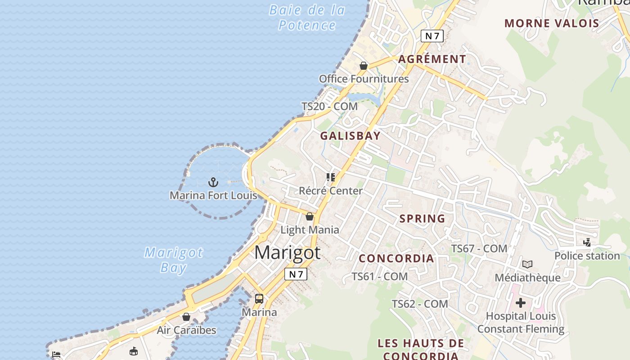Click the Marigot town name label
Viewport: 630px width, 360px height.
pyautogui.click(x=287, y=253)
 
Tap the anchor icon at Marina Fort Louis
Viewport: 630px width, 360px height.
pyautogui.click(x=213, y=182)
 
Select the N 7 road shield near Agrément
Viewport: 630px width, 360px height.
pyautogui.click(x=432, y=36)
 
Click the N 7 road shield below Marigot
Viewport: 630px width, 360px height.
pyautogui.click(x=296, y=274)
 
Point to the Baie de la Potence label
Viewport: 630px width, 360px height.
pyautogui.click(x=307, y=18)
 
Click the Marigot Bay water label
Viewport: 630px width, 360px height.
pyautogui.click(x=173, y=260)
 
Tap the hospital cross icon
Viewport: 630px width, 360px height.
pyautogui.click(x=521, y=303)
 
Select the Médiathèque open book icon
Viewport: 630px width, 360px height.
pyautogui.click(x=527, y=265)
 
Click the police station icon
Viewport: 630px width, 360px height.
pyautogui.click(x=587, y=243)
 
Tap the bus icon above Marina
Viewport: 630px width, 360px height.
pyautogui.click(x=259, y=299)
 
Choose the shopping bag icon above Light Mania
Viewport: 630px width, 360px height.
pyautogui.click(x=310, y=216)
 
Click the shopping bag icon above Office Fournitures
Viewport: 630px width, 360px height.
pyautogui.click(x=364, y=66)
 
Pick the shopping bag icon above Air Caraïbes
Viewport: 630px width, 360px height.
pyautogui.click(x=186, y=317)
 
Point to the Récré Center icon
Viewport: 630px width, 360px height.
pyautogui.click(x=331, y=177)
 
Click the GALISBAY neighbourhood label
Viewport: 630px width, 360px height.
pyautogui.click(x=350, y=136)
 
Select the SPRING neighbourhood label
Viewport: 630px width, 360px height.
pyautogui.click(x=422, y=219)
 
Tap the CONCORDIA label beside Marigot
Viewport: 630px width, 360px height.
pyautogui.click(x=396, y=258)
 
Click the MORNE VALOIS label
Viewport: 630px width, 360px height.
pyautogui.click(x=552, y=23)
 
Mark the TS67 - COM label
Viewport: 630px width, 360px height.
pyautogui.click(x=479, y=248)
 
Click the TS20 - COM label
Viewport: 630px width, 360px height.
pyautogui.click(x=329, y=107)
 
